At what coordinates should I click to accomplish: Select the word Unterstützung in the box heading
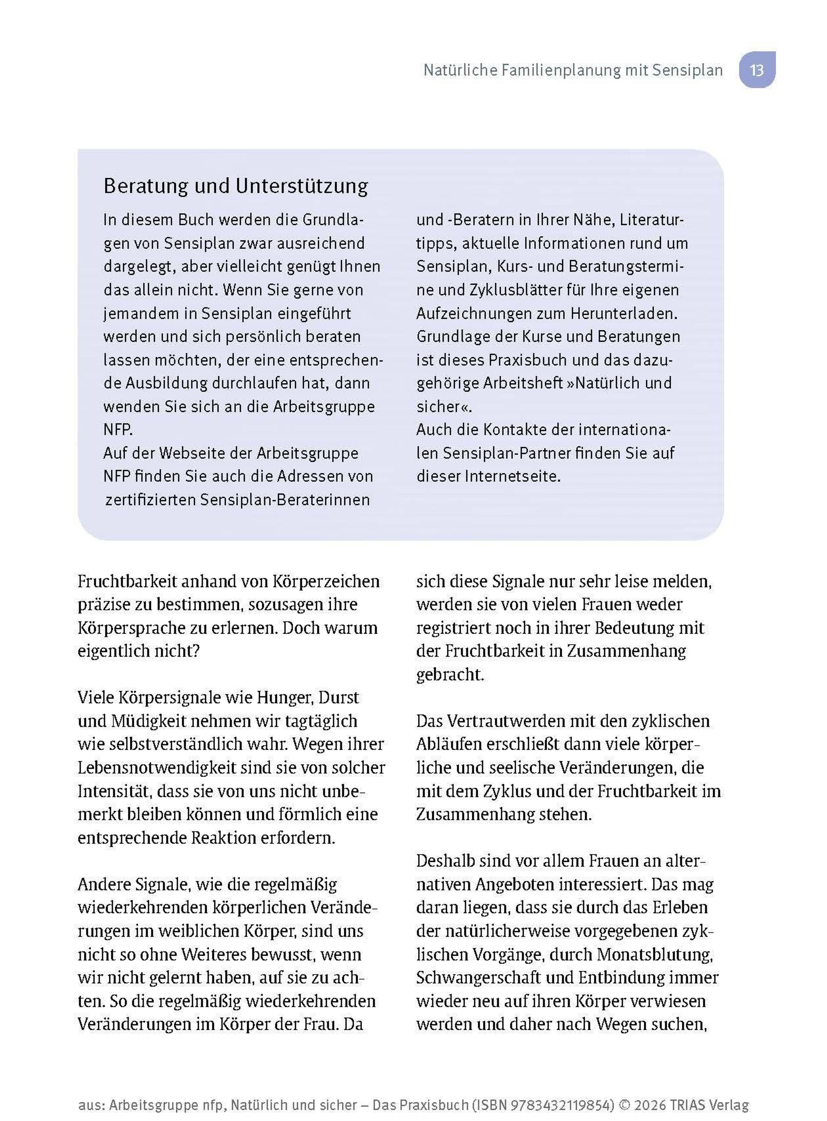click(x=302, y=186)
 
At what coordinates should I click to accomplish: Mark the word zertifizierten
click(x=151, y=500)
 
